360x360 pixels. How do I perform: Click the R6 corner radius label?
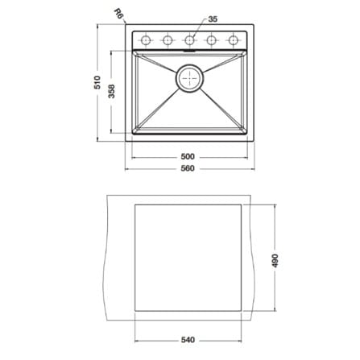(118, 13)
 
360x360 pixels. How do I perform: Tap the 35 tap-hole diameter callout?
(213, 19)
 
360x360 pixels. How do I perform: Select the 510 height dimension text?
(97, 82)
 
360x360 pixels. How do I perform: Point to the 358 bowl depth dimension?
(111, 91)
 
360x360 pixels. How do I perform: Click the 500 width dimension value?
(188, 156)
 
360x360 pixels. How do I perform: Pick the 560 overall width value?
(188, 168)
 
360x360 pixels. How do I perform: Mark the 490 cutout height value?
(275, 260)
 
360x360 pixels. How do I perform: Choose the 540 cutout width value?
(188, 340)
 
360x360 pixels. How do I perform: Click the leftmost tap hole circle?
(145, 40)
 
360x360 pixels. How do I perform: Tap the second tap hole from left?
(168, 40)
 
